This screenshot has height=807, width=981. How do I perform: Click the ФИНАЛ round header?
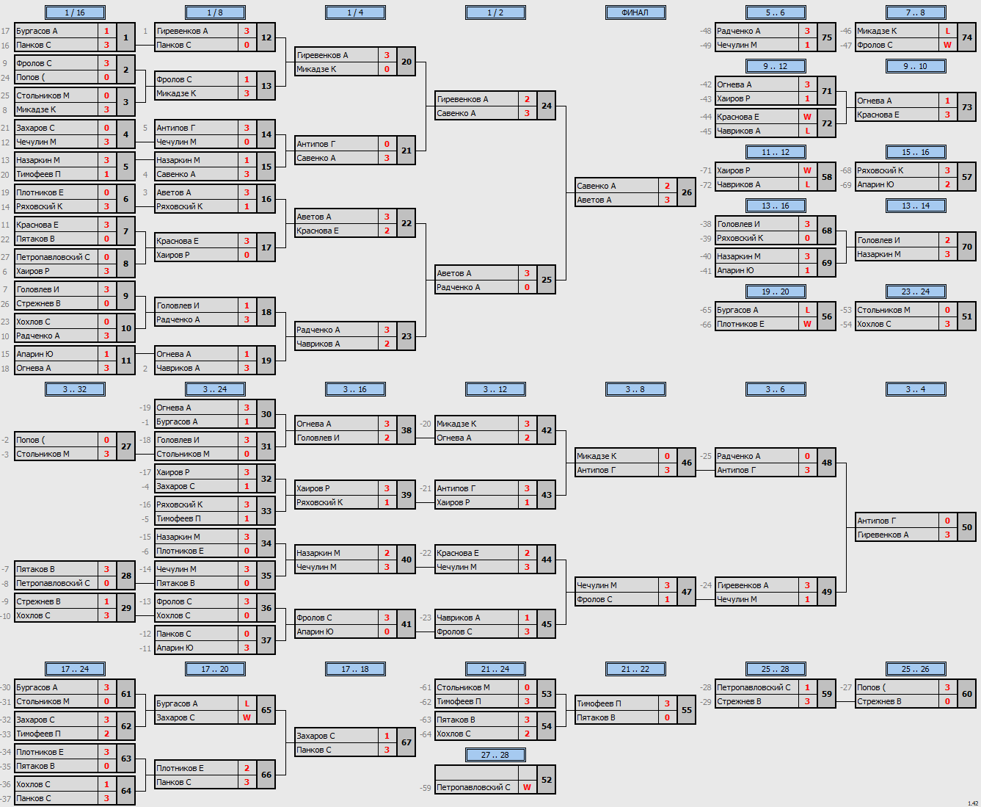click(x=635, y=12)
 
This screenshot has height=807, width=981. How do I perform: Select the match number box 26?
click(x=687, y=192)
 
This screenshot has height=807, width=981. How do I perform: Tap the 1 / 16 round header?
click(x=75, y=12)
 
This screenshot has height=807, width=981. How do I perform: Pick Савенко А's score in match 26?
click(x=667, y=186)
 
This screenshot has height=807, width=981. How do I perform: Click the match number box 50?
click(x=966, y=527)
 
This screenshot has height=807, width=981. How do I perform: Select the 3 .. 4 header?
click(x=916, y=389)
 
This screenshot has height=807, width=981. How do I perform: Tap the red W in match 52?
click(x=527, y=787)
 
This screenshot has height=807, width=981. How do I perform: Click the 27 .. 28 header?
click(x=495, y=754)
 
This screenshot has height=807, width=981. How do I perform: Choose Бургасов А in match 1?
click(x=37, y=31)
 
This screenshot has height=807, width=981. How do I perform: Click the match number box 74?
click(x=966, y=37)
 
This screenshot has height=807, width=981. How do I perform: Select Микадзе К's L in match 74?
click(x=947, y=31)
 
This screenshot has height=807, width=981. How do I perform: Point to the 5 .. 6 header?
click(x=776, y=12)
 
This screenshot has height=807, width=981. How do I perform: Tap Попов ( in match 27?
click(x=30, y=440)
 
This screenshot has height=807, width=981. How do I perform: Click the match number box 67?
click(x=406, y=742)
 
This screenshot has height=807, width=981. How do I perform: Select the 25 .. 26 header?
click(x=916, y=669)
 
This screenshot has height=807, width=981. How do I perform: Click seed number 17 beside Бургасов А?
click(x=6, y=31)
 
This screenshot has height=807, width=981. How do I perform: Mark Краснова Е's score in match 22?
click(x=387, y=231)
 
